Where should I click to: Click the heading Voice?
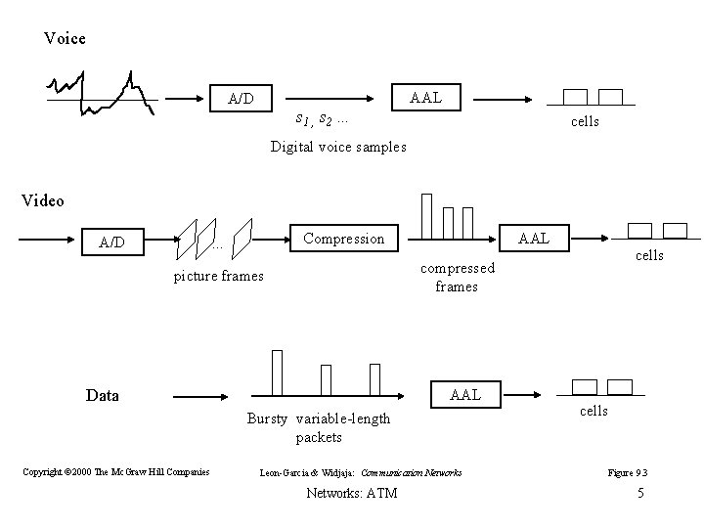click(x=65, y=39)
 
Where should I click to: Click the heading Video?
click(x=43, y=200)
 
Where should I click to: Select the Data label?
click(x=103, y=395)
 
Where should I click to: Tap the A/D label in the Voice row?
click(x=241, y=99)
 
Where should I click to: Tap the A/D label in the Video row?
click(x=112, y=242)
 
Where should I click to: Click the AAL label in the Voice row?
click(x=425, y=97)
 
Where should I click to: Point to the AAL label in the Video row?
click(x=534, y=238)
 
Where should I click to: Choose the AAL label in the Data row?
click(x=464, y=394)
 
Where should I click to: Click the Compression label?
click(x=344, y=239)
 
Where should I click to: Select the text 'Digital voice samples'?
click(x=338, y=147)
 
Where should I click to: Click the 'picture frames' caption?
click(x=218, y=276)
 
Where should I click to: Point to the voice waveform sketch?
click(x=100, y=94)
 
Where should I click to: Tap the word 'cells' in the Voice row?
click(x=585, y=122)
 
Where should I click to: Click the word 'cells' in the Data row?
click(x=594, y=411)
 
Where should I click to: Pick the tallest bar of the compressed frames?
click(x=426, y=215)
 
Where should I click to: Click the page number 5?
click(x=640, y=493)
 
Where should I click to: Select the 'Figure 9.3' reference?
click(x=628, y=473)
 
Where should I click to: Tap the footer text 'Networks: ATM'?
click(x=352, y=493)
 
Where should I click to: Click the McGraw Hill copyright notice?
click(x=116, y=472)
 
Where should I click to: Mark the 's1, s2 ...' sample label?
click(x=324, y=120)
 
